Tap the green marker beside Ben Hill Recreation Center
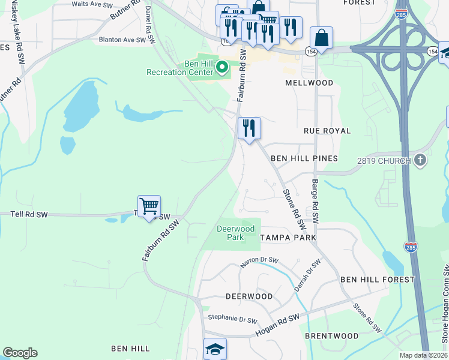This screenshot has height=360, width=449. click(x=222, y=67)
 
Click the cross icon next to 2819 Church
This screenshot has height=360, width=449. click(x=420, y=160)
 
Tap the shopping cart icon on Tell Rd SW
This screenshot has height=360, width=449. click(x=149, y=206)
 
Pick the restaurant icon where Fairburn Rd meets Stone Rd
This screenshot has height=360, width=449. click(x=249, y=128)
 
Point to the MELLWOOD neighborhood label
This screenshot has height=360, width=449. click(x=309, y=83)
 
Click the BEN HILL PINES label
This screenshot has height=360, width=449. click(x=304, y=158)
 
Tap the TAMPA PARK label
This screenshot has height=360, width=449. click(x=288, y=238)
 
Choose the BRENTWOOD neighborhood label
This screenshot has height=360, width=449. click(x=332, y=336)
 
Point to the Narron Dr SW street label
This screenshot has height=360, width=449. click(x=260, y=260)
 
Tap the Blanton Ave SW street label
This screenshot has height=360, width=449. click(x=122, y=40)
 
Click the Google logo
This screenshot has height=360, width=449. click(x=20, y=353)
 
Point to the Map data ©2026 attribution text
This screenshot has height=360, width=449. click(x=423, y=355)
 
